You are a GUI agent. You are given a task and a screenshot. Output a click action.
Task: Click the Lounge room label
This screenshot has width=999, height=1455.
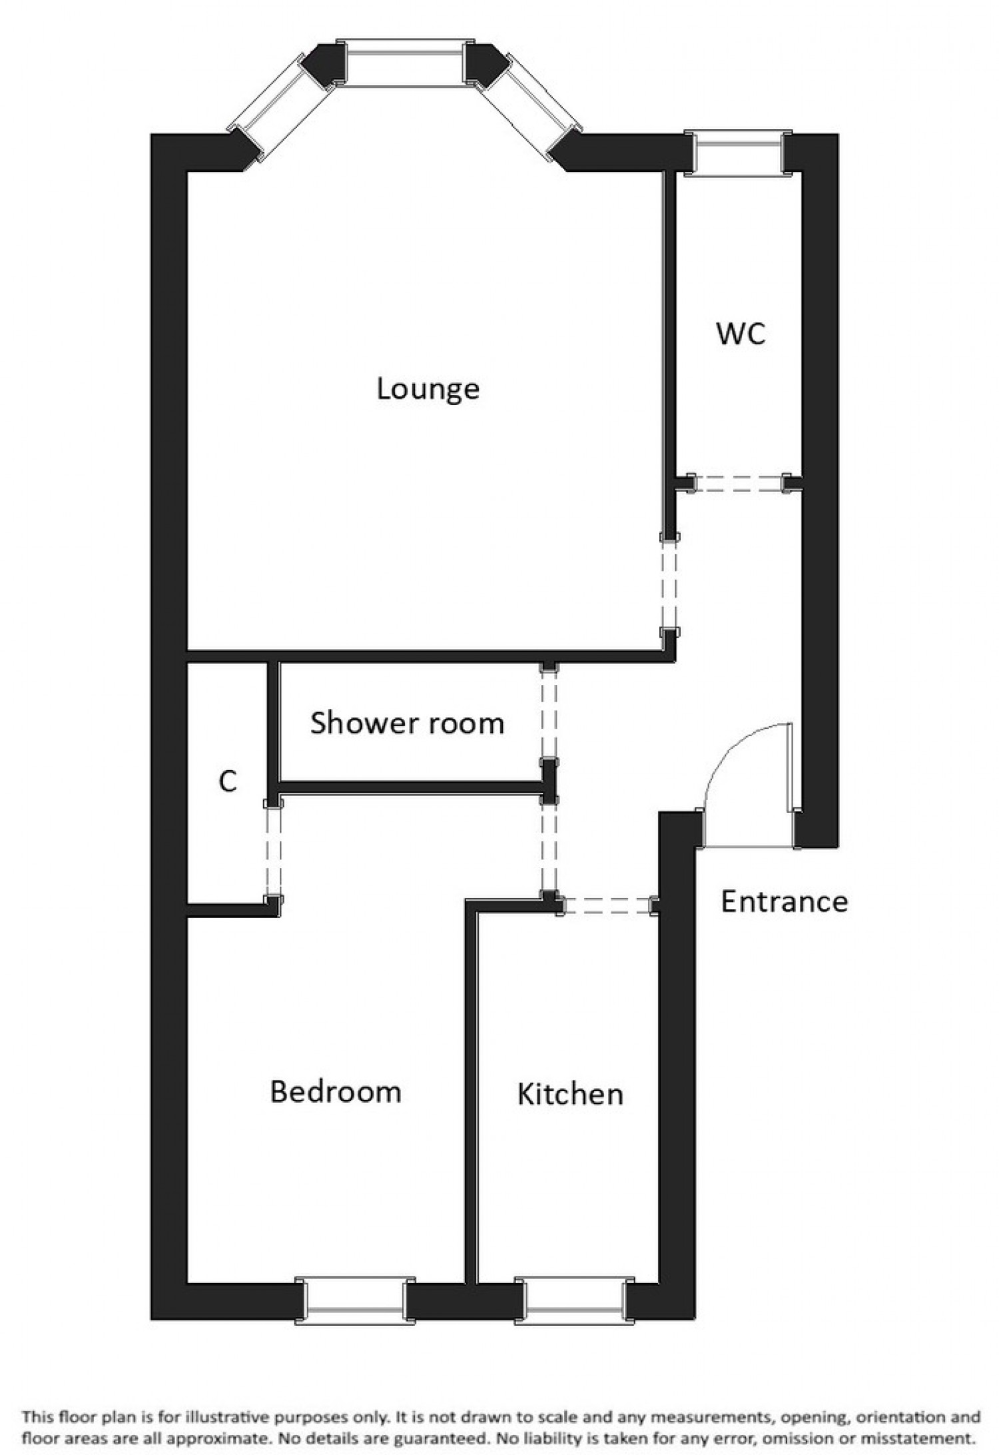pyautogui.click(x=428, y=389)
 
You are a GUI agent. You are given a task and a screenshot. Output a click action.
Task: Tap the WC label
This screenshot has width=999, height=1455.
pyautogui.click(x=741, y=333)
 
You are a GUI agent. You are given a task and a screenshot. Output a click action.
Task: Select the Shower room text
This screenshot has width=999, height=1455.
pyautogui.click(x=407, y=723)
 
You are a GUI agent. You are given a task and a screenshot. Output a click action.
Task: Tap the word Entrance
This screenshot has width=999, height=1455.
pyautogui.click(x=784, y=902)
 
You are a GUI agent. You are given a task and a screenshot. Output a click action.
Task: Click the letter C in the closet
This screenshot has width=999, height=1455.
pyautogui.click(x=228, y=781)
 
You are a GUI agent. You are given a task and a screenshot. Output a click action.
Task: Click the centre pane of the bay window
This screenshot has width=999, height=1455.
pyautogui.click(x=406, y=63)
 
